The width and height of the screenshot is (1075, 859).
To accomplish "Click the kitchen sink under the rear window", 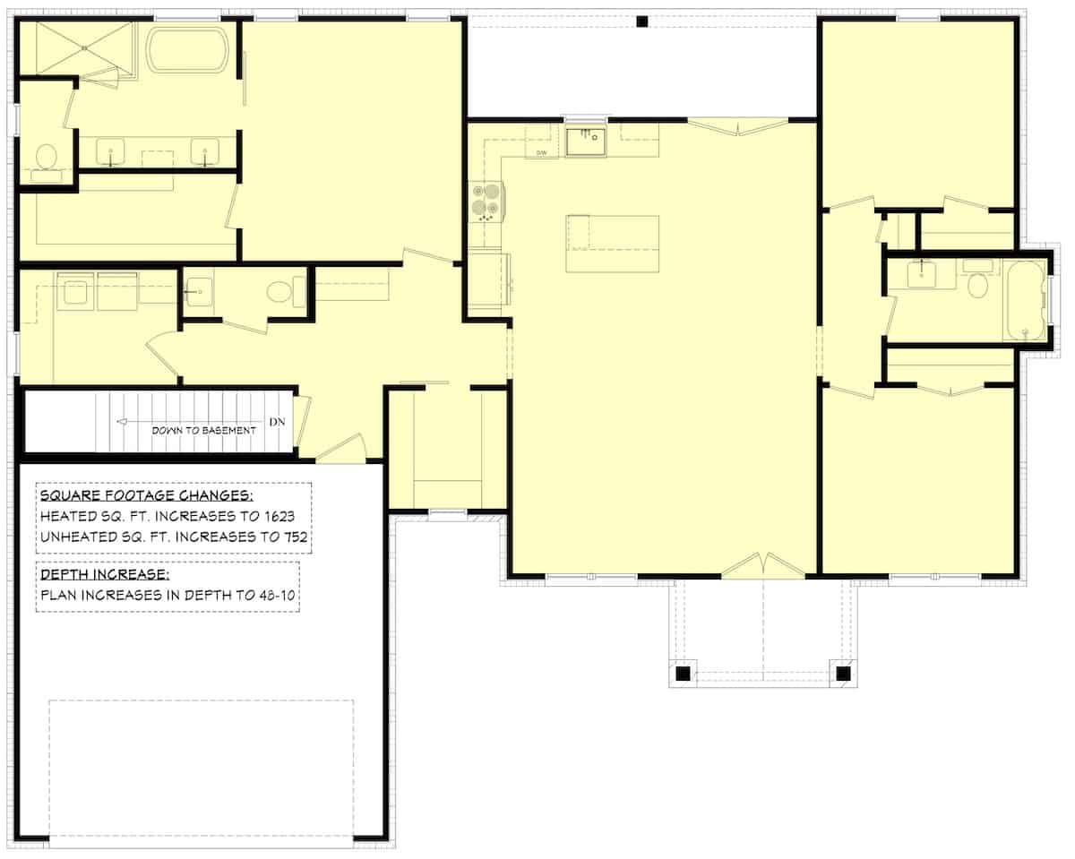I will (x=586, y=141).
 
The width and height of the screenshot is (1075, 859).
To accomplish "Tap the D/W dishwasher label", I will (x=542, y=153).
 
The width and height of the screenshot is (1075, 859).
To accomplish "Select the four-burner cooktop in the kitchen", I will (x=486, y=201).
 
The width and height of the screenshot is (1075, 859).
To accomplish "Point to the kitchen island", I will (x=613, y=244).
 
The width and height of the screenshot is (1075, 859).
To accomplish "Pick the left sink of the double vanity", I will (x=109, y=151).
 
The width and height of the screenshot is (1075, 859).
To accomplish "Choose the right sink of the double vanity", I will (x=205, y=151).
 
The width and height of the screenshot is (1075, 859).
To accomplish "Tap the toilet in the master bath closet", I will (x=44, y=158).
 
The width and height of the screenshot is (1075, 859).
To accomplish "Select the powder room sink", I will (x=198, y=290).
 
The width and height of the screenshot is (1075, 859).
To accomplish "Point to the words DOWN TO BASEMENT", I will (x=203, y=430).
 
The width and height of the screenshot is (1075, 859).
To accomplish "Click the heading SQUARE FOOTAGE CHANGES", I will (x=147, y=495).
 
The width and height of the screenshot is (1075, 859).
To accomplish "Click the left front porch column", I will (x=683, y=673).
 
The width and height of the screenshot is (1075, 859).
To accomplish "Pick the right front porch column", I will (x=842, y=673).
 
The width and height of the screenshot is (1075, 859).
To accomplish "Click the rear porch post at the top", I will (x=641, y=21).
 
